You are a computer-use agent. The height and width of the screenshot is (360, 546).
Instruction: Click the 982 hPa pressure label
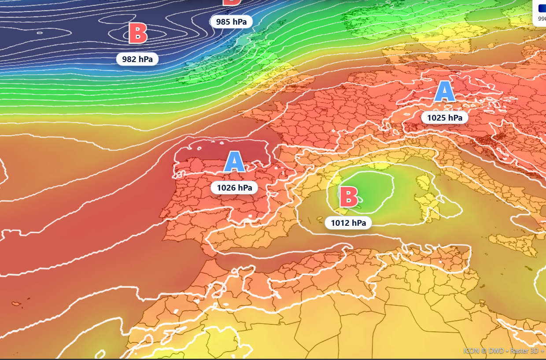(137, 59)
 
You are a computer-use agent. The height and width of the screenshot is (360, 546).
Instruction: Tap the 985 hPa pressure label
(231, 21)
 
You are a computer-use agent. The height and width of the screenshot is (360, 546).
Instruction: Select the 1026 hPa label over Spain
(234, 188)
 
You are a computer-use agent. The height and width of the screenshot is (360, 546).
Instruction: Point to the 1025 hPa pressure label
(444, 118)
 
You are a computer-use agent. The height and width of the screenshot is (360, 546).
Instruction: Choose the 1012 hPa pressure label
(348, 223)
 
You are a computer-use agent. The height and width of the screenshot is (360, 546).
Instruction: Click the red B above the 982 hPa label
(138, 34)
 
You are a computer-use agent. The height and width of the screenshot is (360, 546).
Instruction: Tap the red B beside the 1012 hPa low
(348, 197)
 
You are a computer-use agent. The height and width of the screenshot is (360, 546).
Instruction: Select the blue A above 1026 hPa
(234, 162)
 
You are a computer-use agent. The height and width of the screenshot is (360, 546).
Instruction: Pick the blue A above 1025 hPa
(445, 92)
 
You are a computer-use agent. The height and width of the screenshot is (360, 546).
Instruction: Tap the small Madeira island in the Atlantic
(17, 304)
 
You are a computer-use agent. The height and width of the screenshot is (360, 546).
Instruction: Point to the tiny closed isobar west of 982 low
(40, 33)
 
